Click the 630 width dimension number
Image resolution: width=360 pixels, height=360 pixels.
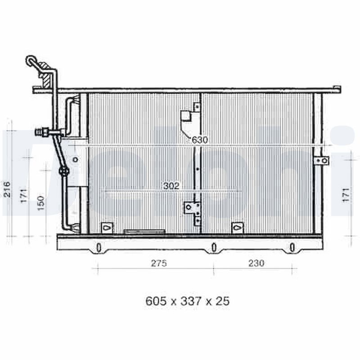(x=200, y=140)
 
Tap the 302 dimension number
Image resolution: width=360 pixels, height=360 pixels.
(x=171, y=185)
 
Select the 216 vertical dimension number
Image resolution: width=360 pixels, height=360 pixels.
(x=7, y=190)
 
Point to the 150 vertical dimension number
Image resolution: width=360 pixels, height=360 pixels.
(x=41, y=203)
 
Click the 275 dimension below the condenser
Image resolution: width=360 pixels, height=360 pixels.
(x=158, y=263)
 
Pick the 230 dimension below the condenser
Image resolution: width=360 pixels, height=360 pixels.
(x=256, y=263)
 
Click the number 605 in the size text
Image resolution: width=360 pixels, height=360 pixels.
(x=155, y=301)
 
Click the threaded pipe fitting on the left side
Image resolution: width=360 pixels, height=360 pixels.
(x=42, y=132)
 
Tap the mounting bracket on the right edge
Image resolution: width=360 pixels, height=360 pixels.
(x=321, y=161)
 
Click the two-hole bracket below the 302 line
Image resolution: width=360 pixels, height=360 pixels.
(x=192, y=207)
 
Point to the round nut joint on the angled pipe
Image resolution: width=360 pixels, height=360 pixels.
(x=64, y=171)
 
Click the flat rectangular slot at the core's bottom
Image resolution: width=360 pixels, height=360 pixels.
(x=144, y=232)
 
